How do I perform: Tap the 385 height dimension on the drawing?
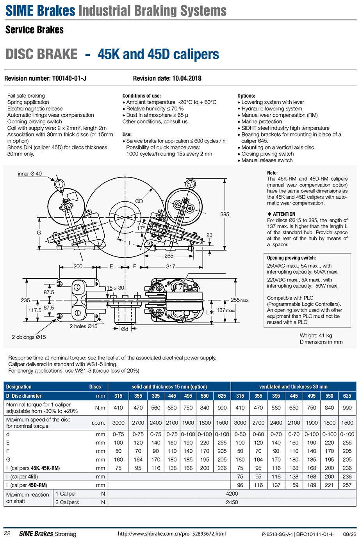(x=225, y=214)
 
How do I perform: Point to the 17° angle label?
(x=141, y=228)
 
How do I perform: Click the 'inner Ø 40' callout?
(x=30, y=174)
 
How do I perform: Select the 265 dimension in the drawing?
(x=169, y=256)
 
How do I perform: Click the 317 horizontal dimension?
(x=171, y=267)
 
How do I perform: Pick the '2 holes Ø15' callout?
(x=84, y=326)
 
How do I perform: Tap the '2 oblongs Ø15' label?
(x=29, y=337)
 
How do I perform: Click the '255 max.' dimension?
(x=240, y=300)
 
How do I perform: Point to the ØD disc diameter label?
(x=139, y=201)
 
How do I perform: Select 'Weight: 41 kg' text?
(x=315, y=335)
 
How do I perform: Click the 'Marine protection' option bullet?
(x=261, y=121)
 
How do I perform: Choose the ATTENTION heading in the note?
(x=283, y=214)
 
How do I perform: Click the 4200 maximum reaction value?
(x=232, y=494)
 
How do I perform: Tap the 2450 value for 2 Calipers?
(x=232, y=502)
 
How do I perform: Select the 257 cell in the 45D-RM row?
(x=347, y=485)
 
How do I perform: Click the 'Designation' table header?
(x=19, y=387)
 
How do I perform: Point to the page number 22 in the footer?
(x=7, y=534)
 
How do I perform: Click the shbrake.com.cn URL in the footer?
(x=172, y=534)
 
